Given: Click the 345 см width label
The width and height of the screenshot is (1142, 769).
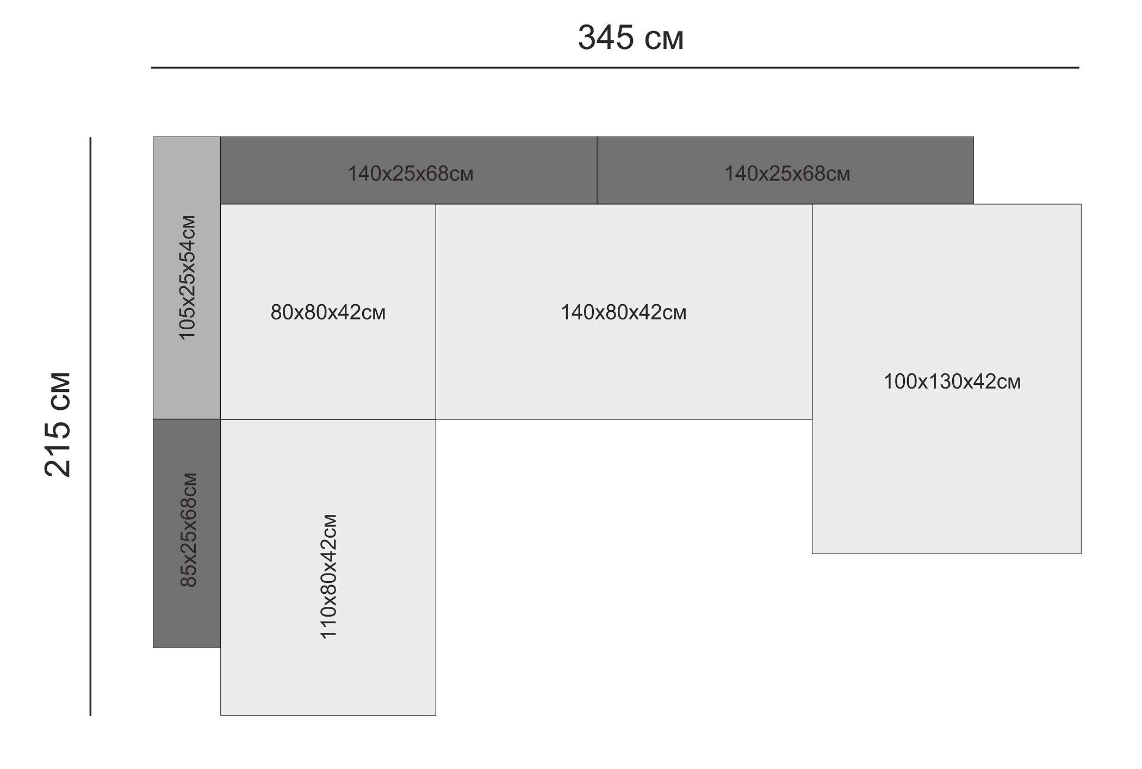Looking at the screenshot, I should (x=630, y=38).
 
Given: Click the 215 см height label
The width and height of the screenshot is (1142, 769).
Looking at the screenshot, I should (x=58, y=425).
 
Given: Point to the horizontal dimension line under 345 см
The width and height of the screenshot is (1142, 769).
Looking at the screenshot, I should (x=615, y=68).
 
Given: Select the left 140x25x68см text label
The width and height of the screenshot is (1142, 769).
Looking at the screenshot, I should (x=411, y=174).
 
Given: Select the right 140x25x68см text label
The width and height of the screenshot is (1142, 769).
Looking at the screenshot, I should (x=787, y=174).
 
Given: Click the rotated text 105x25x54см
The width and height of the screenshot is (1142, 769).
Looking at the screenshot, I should (x=188, y=278).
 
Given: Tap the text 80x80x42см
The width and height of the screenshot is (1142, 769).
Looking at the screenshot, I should (x=328, y=312).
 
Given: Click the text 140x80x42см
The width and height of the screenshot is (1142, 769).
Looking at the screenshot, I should (x=623, y=312).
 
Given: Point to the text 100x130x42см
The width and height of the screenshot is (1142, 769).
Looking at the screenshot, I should (x=952, y=382).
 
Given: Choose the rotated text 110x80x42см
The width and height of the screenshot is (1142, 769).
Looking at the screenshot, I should (x=329, y=576).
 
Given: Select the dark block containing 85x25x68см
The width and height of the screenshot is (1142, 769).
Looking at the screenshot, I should (x=187, y=615).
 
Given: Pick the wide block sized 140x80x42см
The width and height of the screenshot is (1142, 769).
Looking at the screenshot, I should (x=623, y=370).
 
